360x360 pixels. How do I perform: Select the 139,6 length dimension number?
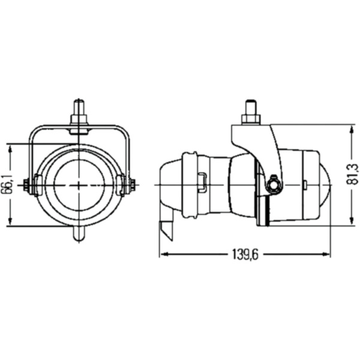(x=244, y=256)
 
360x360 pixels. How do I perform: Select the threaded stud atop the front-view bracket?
(x=79, y=110)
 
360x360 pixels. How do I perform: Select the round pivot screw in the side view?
(x=275, y=185)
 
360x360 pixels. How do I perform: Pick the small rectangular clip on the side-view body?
(x=203, y=183)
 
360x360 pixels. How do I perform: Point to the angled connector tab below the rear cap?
(x=166, y=229)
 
